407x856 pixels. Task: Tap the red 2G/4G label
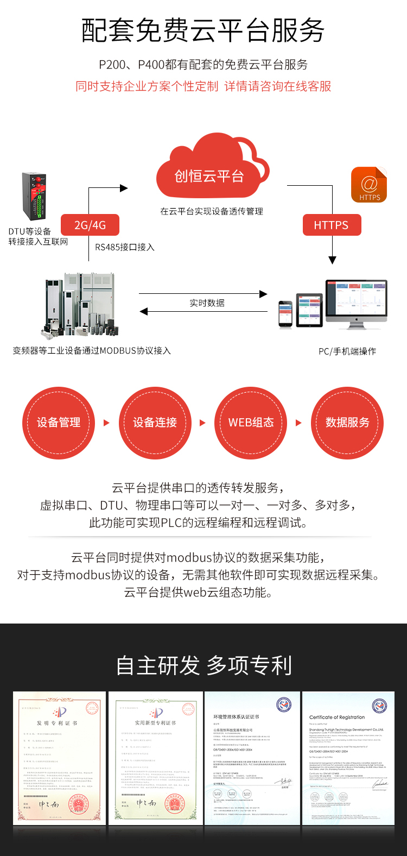pos(90,225)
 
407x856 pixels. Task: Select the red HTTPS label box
pos(331,225)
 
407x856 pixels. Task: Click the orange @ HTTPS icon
pos(369,185)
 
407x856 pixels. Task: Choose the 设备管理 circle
pos(59,423)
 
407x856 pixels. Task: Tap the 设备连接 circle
pos(155,423)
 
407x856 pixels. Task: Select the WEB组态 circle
pos(251,423)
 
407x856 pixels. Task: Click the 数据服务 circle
pos(347,423)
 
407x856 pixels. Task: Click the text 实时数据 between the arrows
pos(207,303)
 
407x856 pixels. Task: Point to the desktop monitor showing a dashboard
pos(356,301)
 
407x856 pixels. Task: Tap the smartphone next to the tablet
pos(285,314)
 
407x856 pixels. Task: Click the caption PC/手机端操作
pos(347,351)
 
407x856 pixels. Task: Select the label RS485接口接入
pos(125,247)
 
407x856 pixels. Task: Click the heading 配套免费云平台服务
pos(203,30)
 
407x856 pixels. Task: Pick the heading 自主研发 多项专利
pos(203,665)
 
